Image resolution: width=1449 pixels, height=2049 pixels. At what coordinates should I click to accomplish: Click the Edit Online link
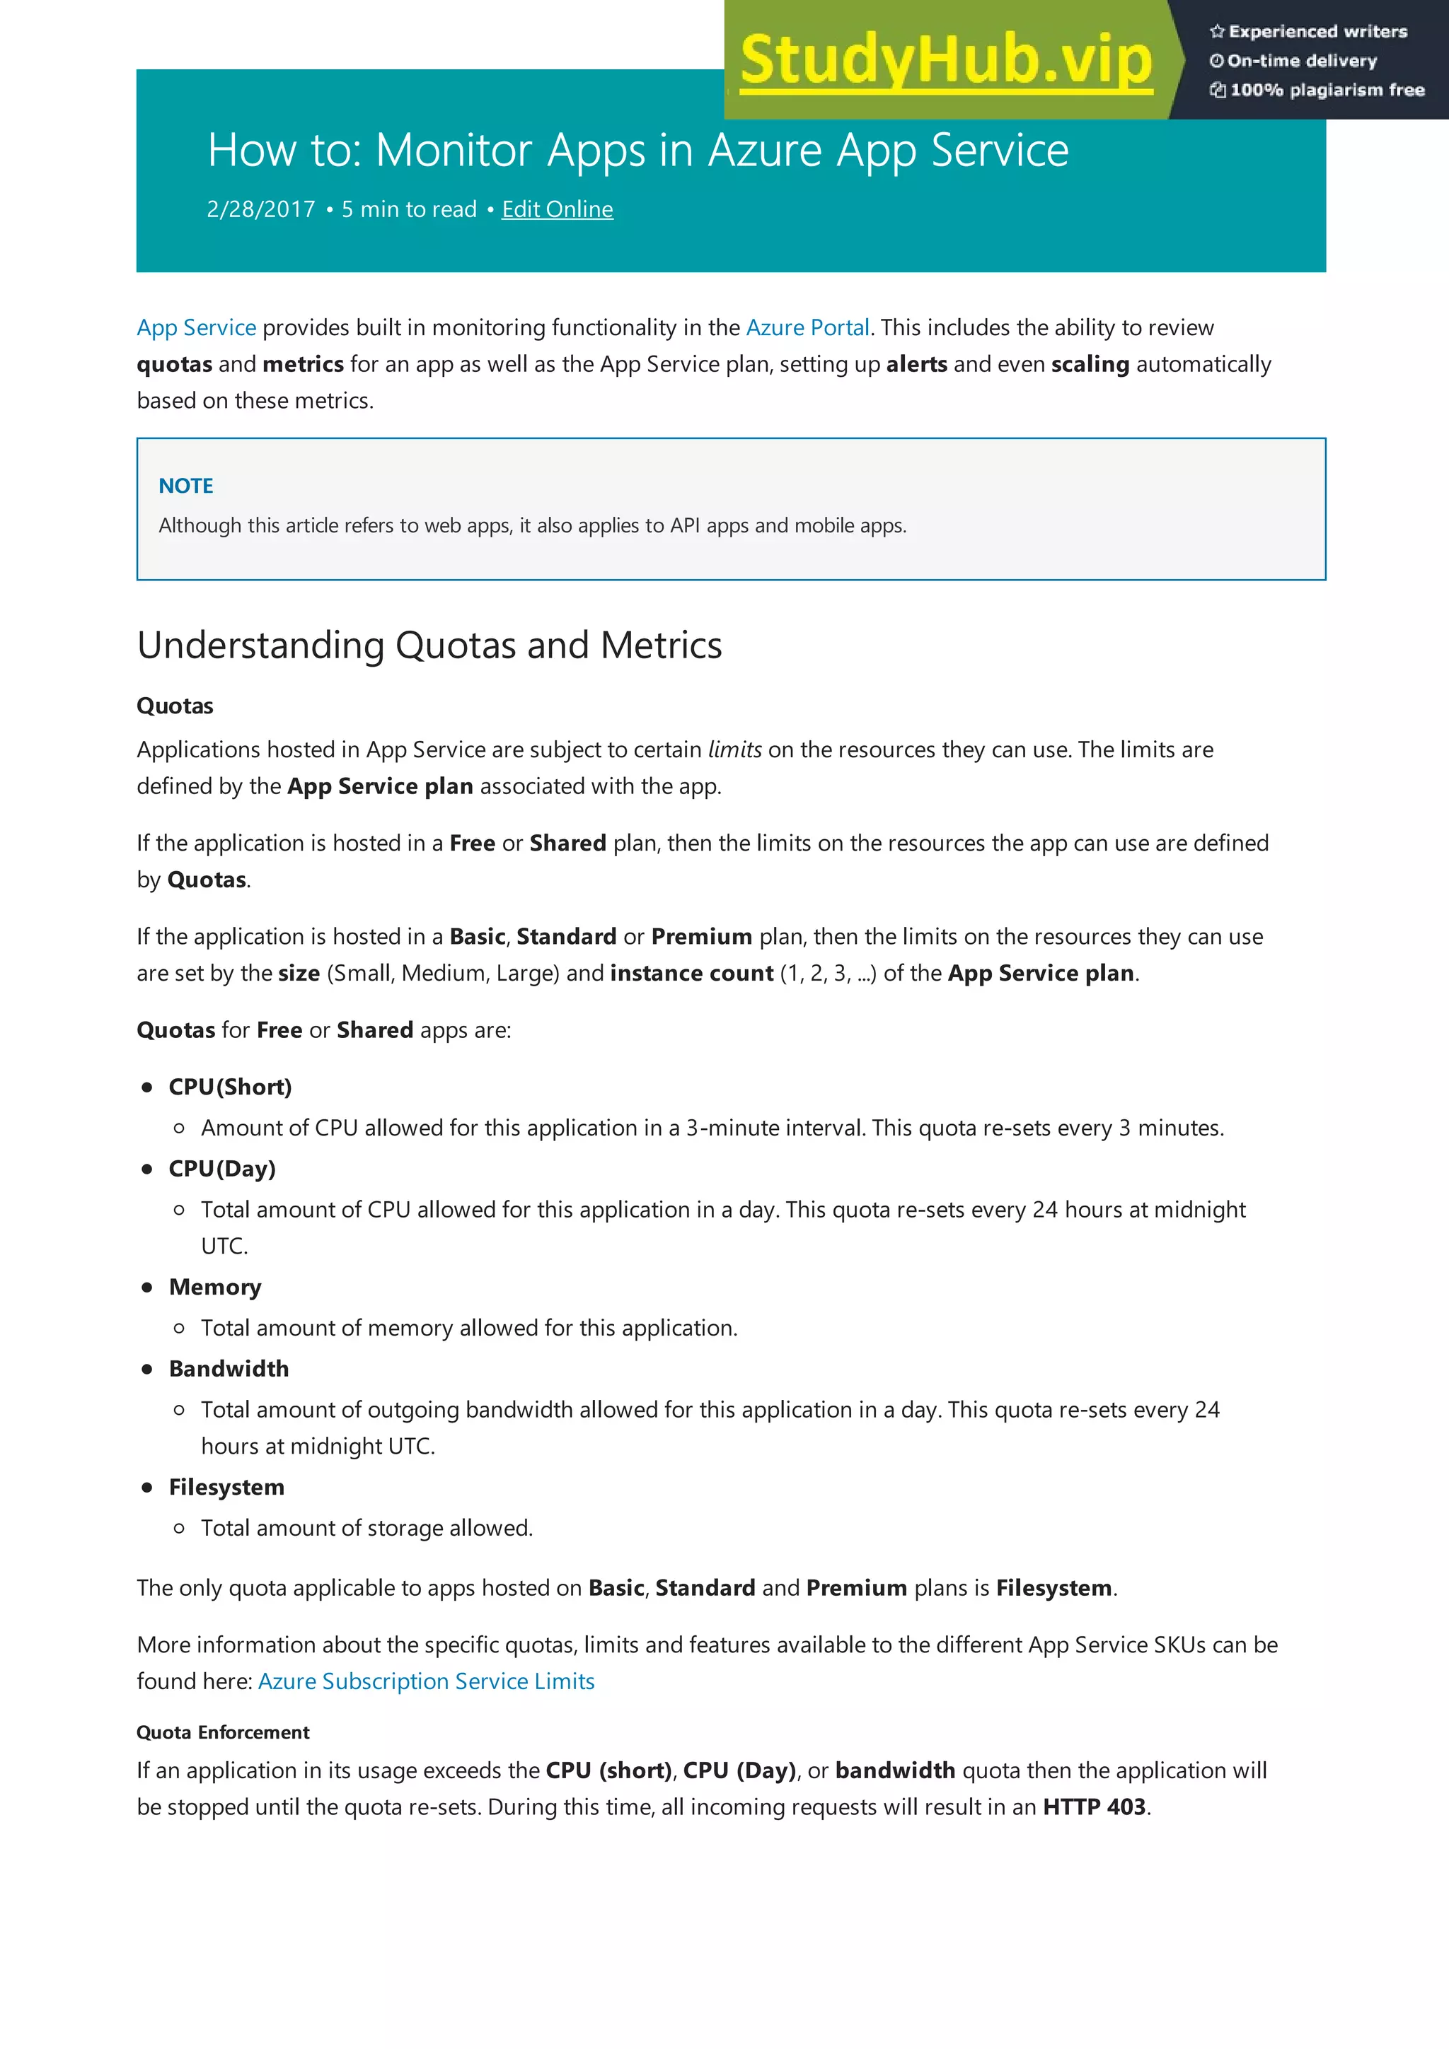coord(557,210)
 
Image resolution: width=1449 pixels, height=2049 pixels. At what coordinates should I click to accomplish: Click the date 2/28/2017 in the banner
coord(260,210)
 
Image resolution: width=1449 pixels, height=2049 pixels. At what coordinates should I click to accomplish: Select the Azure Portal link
coord(807,327)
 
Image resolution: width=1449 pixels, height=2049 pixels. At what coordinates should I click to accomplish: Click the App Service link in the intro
coord(197,327)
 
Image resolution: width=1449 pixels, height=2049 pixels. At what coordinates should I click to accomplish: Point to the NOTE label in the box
coord(185,486)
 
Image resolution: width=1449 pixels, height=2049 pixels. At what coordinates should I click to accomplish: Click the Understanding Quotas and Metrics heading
coord(429,646)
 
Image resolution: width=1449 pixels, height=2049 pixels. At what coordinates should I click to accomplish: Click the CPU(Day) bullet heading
coord(222,1168)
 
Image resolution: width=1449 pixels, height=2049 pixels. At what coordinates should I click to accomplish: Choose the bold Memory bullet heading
coord(215,1287)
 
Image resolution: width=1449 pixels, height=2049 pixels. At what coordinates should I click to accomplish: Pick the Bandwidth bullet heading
coord(229,1369)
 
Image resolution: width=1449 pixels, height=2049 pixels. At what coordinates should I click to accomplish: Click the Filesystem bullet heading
coord(227,1487)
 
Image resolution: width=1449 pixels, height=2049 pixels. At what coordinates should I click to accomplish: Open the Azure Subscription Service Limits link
coord(426,1681)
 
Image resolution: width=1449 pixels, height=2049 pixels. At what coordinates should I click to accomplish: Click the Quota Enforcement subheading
coord(223,1732)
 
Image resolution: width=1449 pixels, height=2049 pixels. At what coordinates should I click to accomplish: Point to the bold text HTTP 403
coord(1094,1807)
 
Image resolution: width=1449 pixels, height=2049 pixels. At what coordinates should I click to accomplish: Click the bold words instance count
coord(691,973)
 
